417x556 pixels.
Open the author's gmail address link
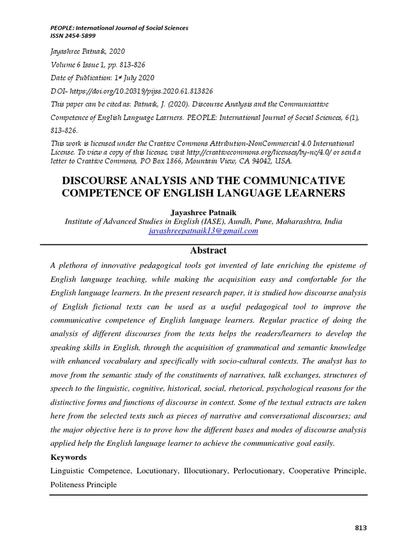point(204,231)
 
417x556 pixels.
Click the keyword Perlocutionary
point(258,470)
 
